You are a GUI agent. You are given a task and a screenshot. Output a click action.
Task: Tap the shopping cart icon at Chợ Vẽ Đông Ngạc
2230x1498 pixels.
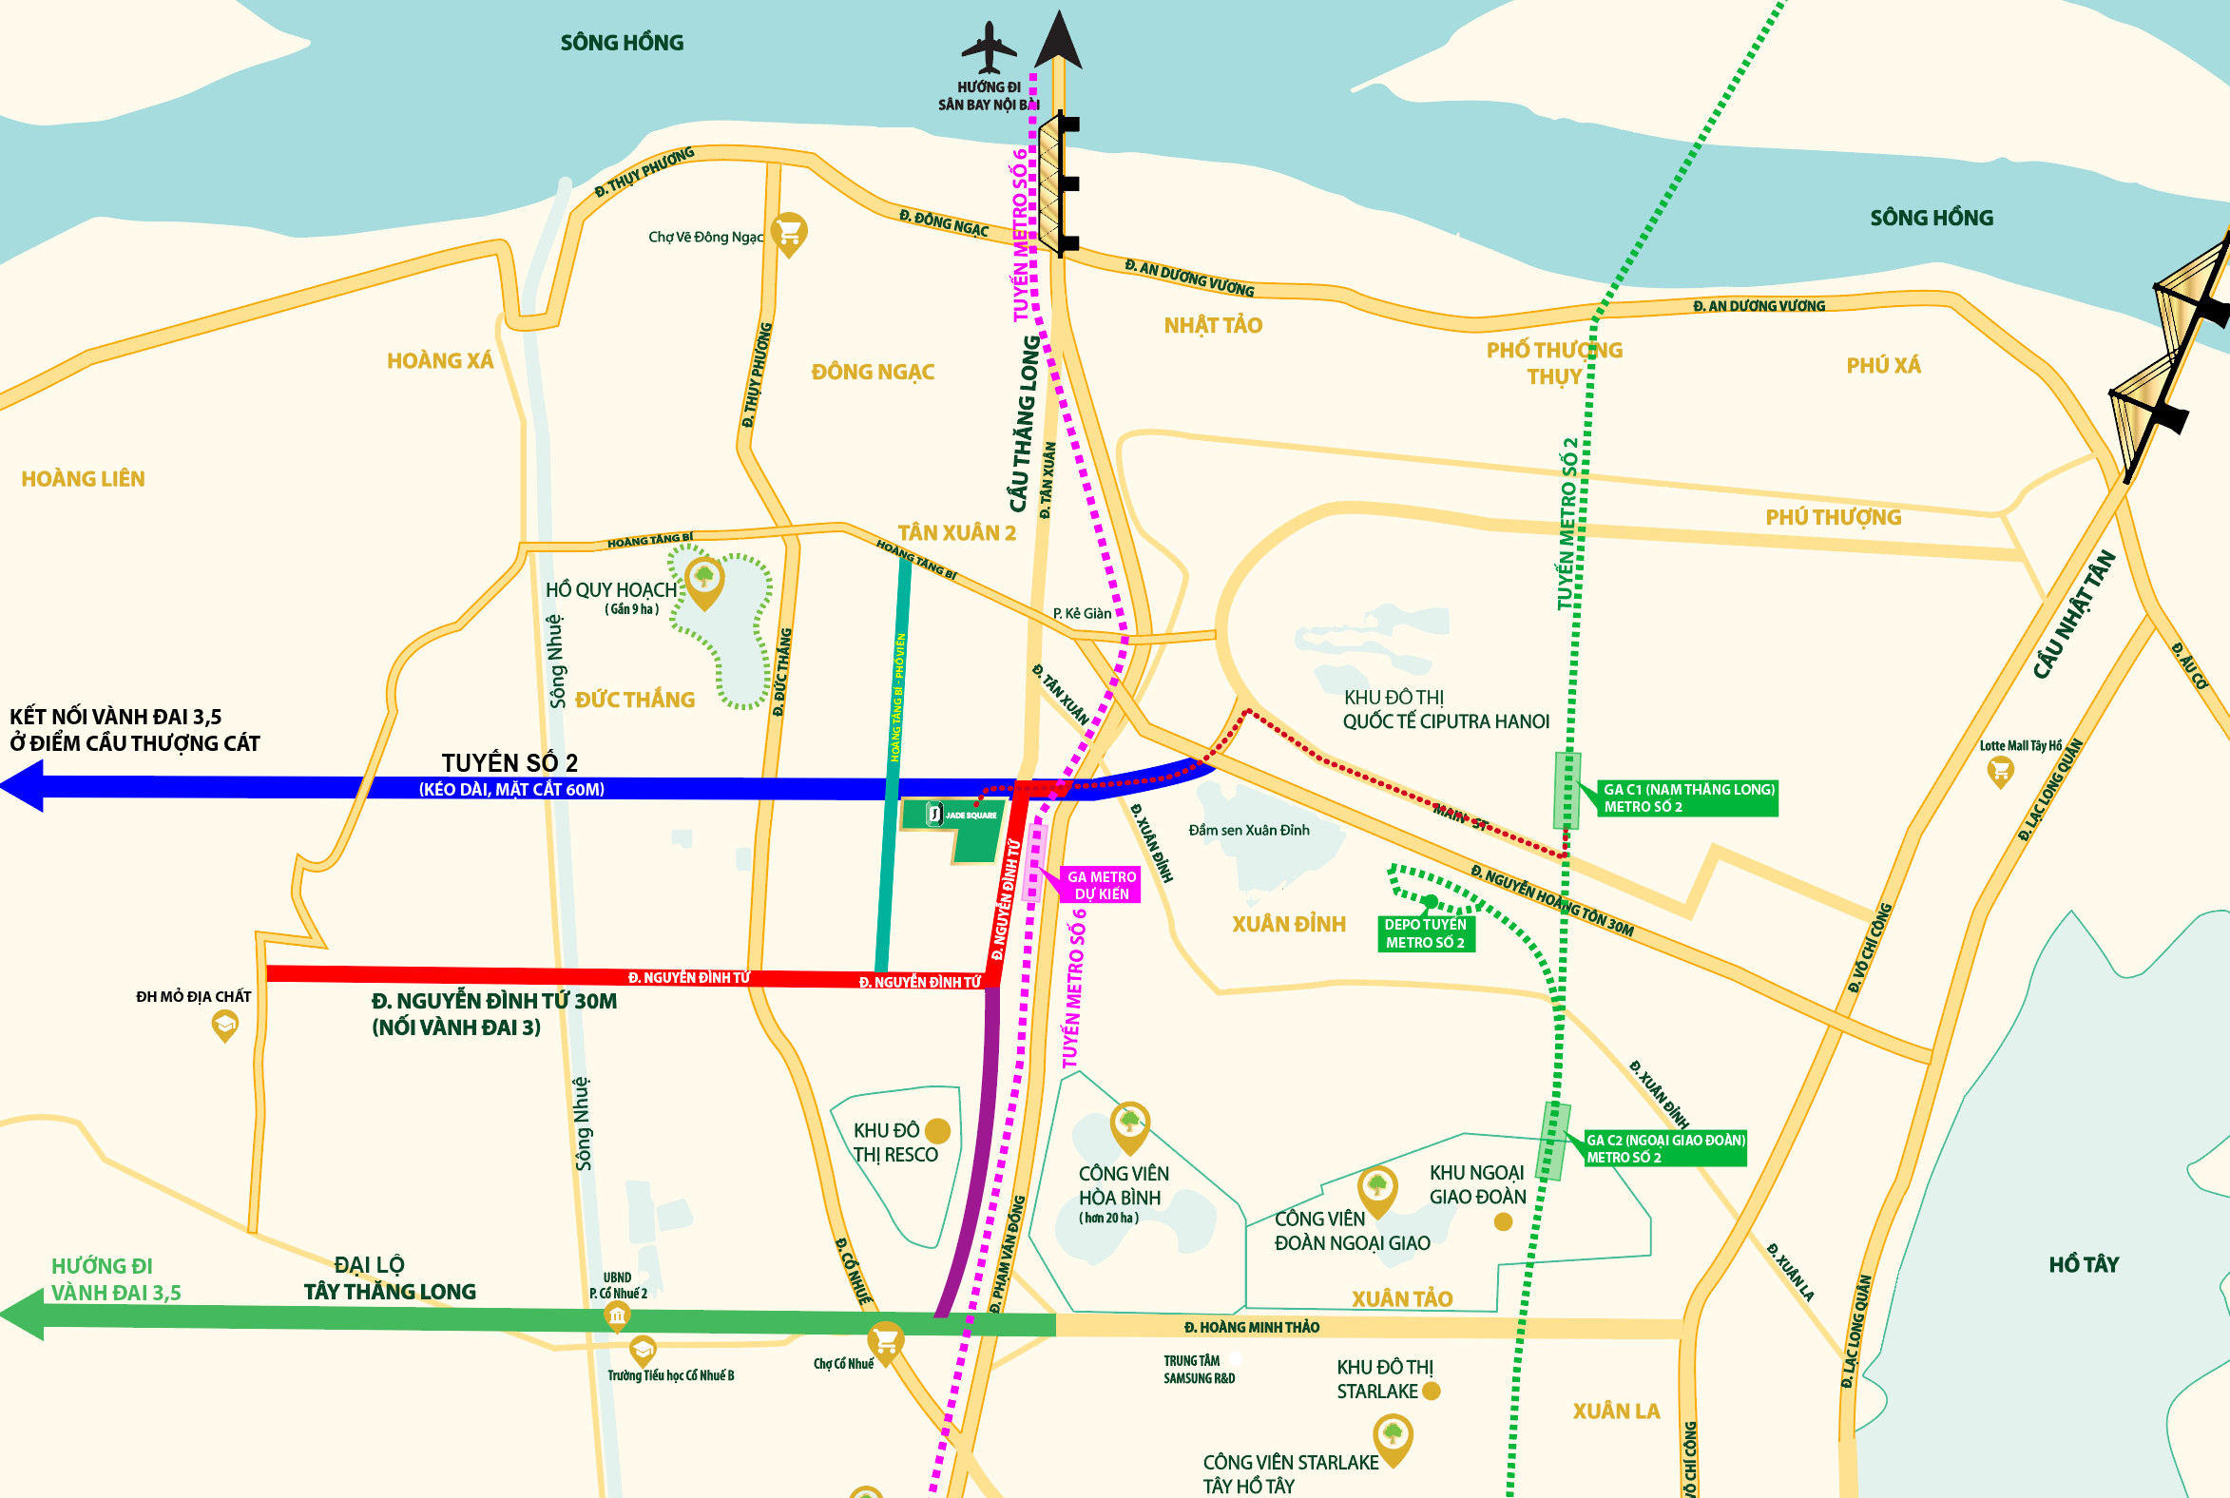(x=789, y=232)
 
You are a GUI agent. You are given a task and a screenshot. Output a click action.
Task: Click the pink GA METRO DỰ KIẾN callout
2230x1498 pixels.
(x=1102, y=885)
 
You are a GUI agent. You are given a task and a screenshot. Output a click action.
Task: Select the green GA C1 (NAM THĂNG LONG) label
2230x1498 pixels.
(x=1687, y=797)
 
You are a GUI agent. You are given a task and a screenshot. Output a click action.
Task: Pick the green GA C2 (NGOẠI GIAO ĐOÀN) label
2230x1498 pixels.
(x=1664, y=1148)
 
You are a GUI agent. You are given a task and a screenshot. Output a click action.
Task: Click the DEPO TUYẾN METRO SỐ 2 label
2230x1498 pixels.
(x=1425, y=933)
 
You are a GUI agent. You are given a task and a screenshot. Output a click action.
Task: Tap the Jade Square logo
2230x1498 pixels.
(x=935, y=814)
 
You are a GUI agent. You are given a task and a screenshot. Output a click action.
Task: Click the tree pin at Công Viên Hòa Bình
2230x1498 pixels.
(x=1129, y=1123)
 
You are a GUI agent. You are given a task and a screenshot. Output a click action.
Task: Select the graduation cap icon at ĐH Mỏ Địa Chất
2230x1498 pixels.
(x=224, y=1026)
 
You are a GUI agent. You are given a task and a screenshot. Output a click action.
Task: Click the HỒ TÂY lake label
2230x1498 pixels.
(x=2083, y=1265)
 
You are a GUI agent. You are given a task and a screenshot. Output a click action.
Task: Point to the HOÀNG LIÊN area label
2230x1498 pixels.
(x=83, y=479)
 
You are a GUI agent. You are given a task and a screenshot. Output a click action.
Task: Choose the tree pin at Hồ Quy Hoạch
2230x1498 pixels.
(x=705, y=579)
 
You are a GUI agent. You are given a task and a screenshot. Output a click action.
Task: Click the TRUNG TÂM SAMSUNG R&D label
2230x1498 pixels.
(x=1198, y=1369)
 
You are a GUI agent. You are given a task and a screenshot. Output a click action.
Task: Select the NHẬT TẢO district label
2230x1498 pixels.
(x=1213, y=326)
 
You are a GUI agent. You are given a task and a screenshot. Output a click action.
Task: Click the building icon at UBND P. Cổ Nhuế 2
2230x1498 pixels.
(x=617, y=1317)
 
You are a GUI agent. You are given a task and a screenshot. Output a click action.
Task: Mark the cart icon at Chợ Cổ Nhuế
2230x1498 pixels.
(x=886, y=1342)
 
